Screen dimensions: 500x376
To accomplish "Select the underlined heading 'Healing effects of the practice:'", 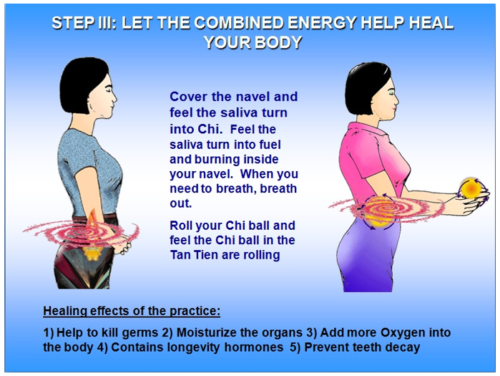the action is (x=132, y=311).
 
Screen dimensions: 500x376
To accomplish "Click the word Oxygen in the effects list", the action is (x=403, y=332).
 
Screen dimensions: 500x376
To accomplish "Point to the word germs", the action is (x=140, y=333).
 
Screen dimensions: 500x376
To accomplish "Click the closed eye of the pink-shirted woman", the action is (x=392, y=95).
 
